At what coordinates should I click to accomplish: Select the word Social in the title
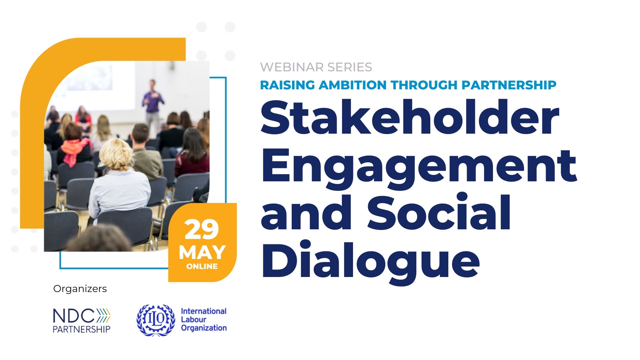coord(439,213)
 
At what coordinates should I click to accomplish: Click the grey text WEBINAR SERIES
coord(316,67)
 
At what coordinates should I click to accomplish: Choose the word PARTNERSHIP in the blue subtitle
coord(509,85)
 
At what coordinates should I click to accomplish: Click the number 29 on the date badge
coord(202,230)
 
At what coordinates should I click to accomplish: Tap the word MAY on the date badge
coord(202,252)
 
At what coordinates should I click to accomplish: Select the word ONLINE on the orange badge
coord(202,267)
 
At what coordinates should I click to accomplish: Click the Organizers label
coord(80,289)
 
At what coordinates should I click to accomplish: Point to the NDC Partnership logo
coord(82,320)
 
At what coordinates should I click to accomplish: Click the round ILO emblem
coord(156,320)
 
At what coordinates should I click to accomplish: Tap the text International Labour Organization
coord(203,320)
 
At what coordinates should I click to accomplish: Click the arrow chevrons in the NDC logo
coord(104,316)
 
